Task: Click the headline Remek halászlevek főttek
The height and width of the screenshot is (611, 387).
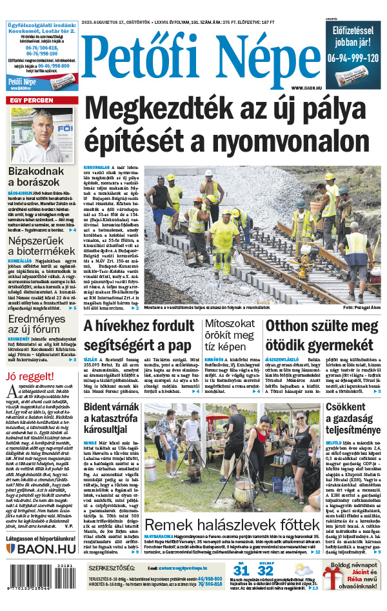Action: pos(232,524)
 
